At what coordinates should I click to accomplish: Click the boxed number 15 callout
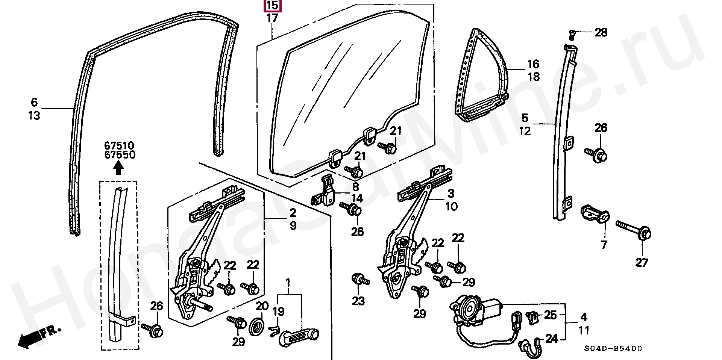[x=273, y=6]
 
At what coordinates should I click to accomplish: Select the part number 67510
[x=119, y=145]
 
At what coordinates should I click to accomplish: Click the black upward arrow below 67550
[x=118, y=168]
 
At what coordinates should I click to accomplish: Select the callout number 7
[x=604, y=245]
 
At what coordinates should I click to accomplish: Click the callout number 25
[x=550, y=315]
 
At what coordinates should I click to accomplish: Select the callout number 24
[x=551, y=339]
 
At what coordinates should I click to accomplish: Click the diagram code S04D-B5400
[x=613, y=349]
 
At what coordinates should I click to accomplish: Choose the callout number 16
[x=533, y=64]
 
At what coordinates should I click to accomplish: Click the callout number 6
[x=34, y=102]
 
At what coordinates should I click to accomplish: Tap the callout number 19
[x=278, y=312]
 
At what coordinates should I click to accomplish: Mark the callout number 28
[x=601, y=32]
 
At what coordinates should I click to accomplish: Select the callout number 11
[x=584, y=330]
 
